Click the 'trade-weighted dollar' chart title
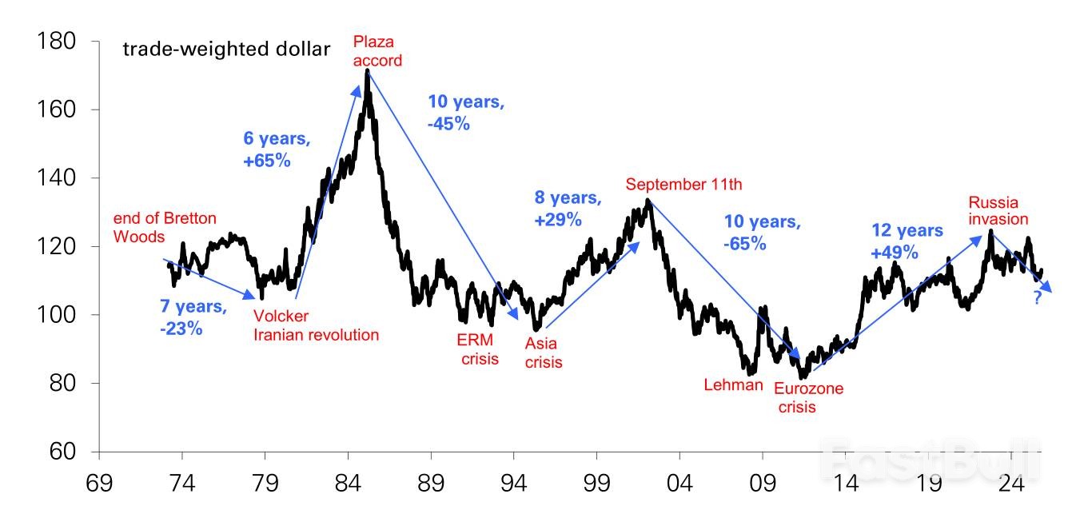(226, 50)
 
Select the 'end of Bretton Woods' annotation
(165, 227)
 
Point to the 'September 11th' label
(683, 185)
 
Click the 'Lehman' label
(733, 384)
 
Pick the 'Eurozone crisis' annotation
(808, 398)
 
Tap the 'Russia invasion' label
(998, 210)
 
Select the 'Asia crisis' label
(544, 353)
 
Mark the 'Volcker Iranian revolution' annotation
(316, 326)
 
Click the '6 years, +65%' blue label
(277, 149)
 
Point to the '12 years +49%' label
(907, 241)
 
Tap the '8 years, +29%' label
(567, 209)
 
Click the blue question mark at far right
(1037, 299)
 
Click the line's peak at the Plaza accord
(367, 70)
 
